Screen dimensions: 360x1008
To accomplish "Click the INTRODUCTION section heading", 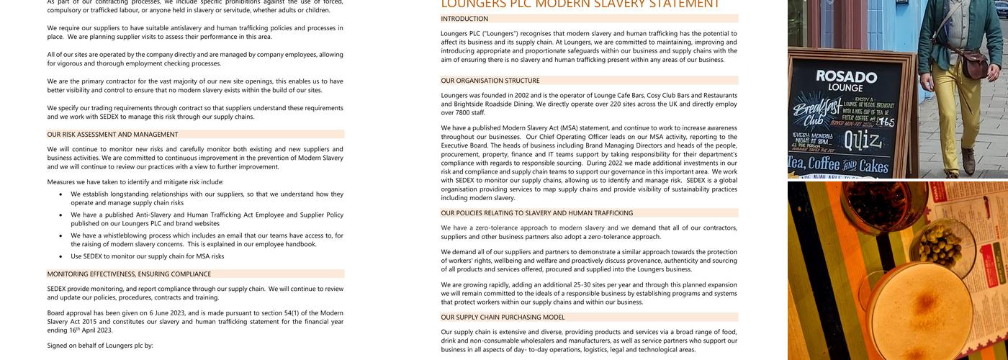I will click(464, 19).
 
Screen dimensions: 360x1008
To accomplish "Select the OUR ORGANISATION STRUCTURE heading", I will click(490, 81).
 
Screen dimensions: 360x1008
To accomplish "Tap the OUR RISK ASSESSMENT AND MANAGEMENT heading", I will click(112, 135).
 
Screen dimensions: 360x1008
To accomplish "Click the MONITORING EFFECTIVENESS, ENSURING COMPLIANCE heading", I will click(129, 274).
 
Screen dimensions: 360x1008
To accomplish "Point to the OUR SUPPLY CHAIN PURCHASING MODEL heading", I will click(503, 318).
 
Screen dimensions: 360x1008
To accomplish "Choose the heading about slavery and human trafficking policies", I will click(537, 213).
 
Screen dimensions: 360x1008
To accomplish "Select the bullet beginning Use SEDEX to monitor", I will click(147, 256).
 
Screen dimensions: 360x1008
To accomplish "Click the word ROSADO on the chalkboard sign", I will click(846, 76).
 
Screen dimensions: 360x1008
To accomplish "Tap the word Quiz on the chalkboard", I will click(862, 140).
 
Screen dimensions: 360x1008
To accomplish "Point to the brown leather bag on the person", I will click(976, 63).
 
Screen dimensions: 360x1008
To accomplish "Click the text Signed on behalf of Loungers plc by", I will click(100, 346).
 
